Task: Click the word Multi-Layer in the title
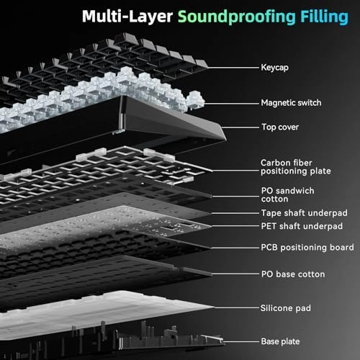(x=127, y=17)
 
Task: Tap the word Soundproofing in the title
(x=237, y=17)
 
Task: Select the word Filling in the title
(x=324, y=17)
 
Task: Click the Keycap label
(x=274, y=68)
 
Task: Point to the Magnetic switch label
(x=291, y=103)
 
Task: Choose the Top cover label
(x=280, y=127)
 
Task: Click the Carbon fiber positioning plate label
(x=296, y=167)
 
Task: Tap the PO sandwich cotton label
(x=287, y=194)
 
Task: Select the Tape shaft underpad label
(x=305, y=213)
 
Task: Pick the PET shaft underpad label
(x=302, y=226)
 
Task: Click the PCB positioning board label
(x=307, y=248)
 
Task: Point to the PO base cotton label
(x=293, y=274)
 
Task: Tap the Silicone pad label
(x=286, y=308)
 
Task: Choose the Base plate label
(x=280, y=341)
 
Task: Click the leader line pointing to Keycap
(x=233, y=68)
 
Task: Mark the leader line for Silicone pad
(x=237, y=307)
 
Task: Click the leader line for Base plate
(x=240, y=342)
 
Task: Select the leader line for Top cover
(x=240, y=127)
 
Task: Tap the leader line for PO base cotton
(x=235, y=274)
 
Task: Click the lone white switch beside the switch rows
(x=195, y=100)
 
